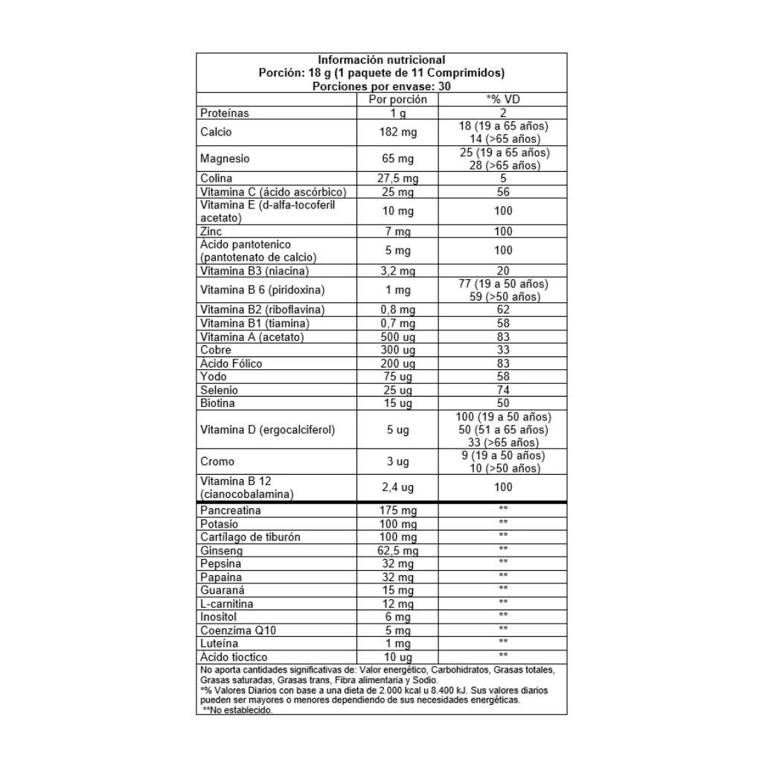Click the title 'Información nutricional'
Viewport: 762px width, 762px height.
pos(381,60)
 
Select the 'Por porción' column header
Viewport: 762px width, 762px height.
pos(398,99)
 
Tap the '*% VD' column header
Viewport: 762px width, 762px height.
pos(503,99)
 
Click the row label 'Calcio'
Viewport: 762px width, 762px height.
pos(217,132)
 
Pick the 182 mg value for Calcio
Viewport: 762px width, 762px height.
pos(398,132)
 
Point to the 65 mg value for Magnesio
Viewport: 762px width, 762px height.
pos(398,159)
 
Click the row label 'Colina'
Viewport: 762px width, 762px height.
pos(217,179)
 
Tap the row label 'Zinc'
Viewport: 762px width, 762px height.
pos(212,232)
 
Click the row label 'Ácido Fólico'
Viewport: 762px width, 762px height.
pos(231,364)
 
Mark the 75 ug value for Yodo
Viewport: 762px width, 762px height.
pos(398,377)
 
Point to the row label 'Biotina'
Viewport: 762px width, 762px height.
pos(218,403)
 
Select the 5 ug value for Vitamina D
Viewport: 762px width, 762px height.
pos(398,429)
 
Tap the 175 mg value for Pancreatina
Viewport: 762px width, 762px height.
pos(398,511)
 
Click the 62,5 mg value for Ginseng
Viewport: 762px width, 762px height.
pos(398,551)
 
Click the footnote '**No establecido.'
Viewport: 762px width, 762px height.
pos(237,711)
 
